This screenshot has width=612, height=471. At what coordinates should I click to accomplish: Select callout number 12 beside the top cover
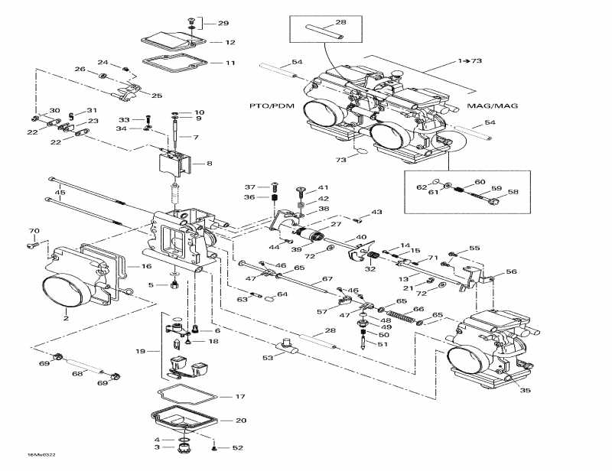(229, 43)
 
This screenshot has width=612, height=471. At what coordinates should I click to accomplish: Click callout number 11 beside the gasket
(229, 63)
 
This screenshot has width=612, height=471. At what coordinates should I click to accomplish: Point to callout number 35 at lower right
(525, 391)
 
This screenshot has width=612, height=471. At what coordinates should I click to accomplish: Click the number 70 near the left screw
(34, 231)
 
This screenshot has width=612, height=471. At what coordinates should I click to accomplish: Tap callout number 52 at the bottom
(237, 448)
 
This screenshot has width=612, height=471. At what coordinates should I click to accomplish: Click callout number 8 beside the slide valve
(210, 163)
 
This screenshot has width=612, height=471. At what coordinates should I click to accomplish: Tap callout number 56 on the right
(511, 271)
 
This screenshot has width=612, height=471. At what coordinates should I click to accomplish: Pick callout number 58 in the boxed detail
(513, 193)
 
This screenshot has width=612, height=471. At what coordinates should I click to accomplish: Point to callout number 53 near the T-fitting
(268, 358)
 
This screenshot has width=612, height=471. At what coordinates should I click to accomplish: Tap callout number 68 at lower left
(76, 374)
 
